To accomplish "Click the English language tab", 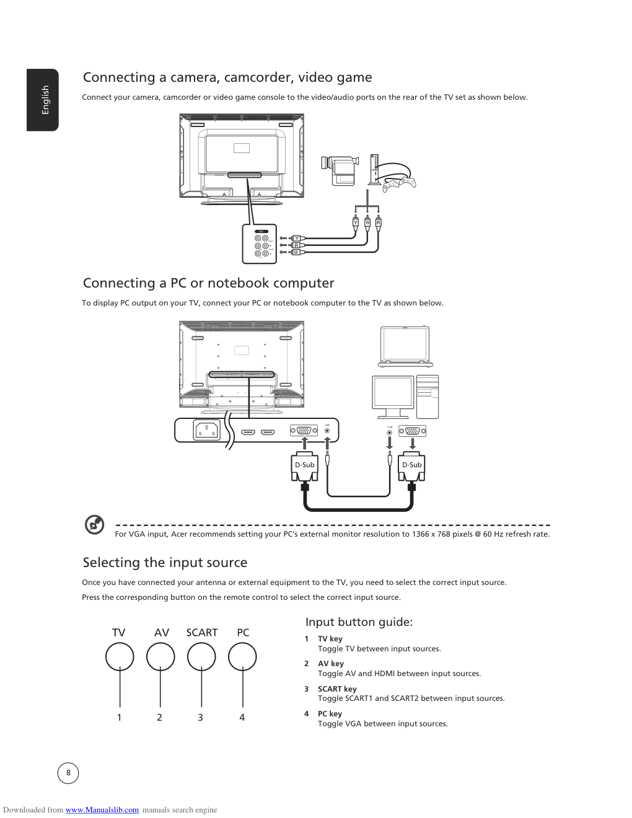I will [43, 100].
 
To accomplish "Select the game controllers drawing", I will [400, 182].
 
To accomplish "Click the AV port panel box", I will [259, 244].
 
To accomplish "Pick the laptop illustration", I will [405, 346].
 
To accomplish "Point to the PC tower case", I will [428, 397].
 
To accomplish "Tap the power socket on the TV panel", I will [206, 430].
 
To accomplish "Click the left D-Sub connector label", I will [304, 465].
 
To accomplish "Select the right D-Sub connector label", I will [412, 465].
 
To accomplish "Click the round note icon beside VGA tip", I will [95, 525].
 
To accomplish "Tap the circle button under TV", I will [120, 657].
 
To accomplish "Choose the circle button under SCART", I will [201, 657].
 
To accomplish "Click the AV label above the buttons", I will [162, 633].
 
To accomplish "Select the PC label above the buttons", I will [243, 633].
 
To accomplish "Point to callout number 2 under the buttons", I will [159, 718].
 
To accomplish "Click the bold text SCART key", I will [337, 689].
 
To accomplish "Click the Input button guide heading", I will [359, 622].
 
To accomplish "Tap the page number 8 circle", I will [68, 773].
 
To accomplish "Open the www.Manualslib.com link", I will [102, 810].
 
